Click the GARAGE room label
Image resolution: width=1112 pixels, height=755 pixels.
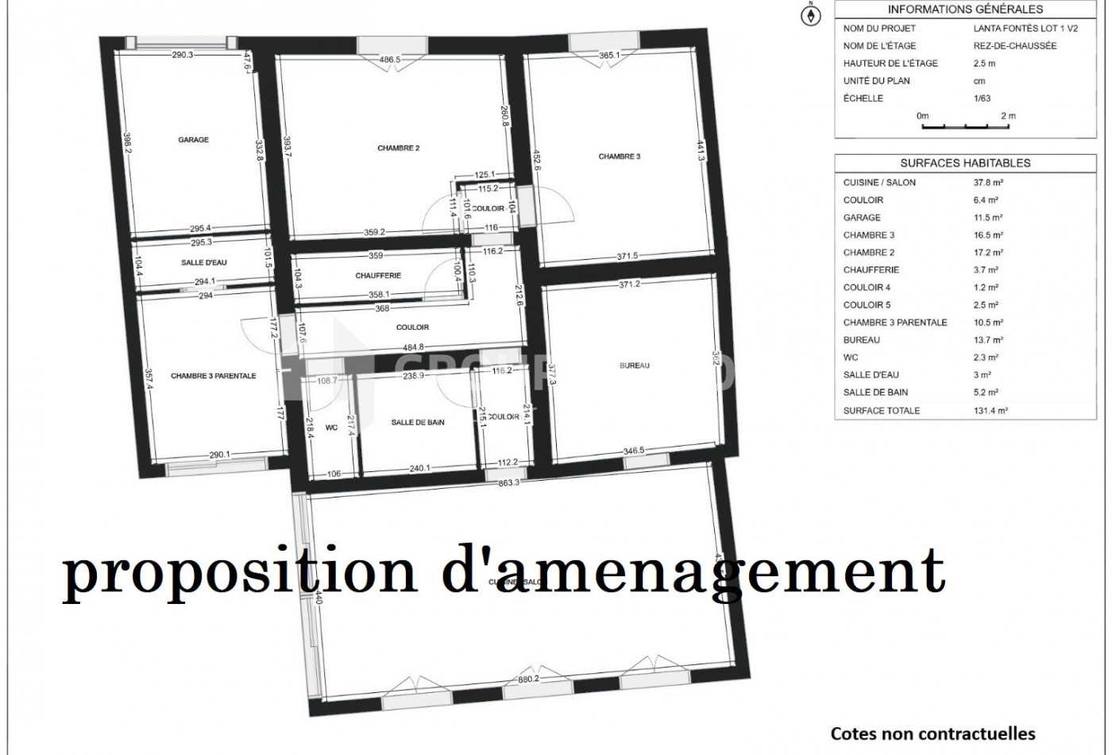click(x=193, y=140)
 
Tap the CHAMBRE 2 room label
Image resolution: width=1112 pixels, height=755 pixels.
click(x=399, y=148)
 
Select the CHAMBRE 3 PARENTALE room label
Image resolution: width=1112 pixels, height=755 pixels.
click(x=214, y=376)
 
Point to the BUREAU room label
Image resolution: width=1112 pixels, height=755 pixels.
click(x=635, y=366)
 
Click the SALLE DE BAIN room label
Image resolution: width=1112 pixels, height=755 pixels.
click(x=418, y=423)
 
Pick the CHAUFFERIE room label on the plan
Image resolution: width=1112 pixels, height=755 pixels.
click(x=378, y=276)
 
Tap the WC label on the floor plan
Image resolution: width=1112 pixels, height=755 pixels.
click(x=331, y=428)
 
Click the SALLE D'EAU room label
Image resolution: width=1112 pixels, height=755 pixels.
click(x=205, y=261)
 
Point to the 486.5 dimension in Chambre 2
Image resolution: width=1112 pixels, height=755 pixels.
click(x=389, y=60)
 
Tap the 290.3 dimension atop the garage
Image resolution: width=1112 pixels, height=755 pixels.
click(x=182, y=55)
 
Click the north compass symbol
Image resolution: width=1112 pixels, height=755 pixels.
click(x=811, y=15)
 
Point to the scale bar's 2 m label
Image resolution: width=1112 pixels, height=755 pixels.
click(x=1008, y=116)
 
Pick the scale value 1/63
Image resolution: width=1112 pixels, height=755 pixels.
click(x=984, y=99)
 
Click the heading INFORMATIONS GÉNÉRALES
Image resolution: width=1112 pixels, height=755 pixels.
click(x=965, y=10)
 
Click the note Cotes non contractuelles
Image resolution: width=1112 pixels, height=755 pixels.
click(x=933, y=734)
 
